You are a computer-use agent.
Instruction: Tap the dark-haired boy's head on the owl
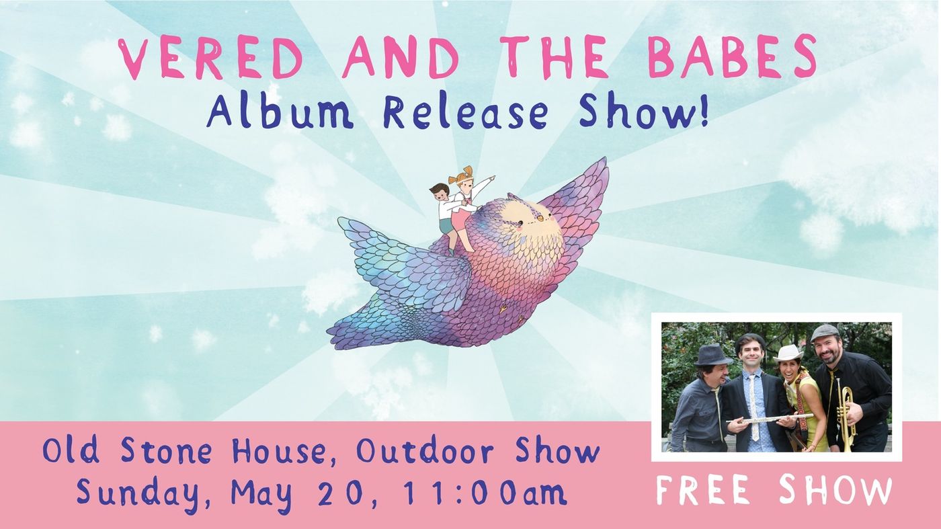pos(440,192)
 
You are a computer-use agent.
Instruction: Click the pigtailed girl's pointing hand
pos(491,179)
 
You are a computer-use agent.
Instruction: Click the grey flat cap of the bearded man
pos(825,332)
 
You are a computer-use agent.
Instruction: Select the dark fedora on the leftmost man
pos(712,354)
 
